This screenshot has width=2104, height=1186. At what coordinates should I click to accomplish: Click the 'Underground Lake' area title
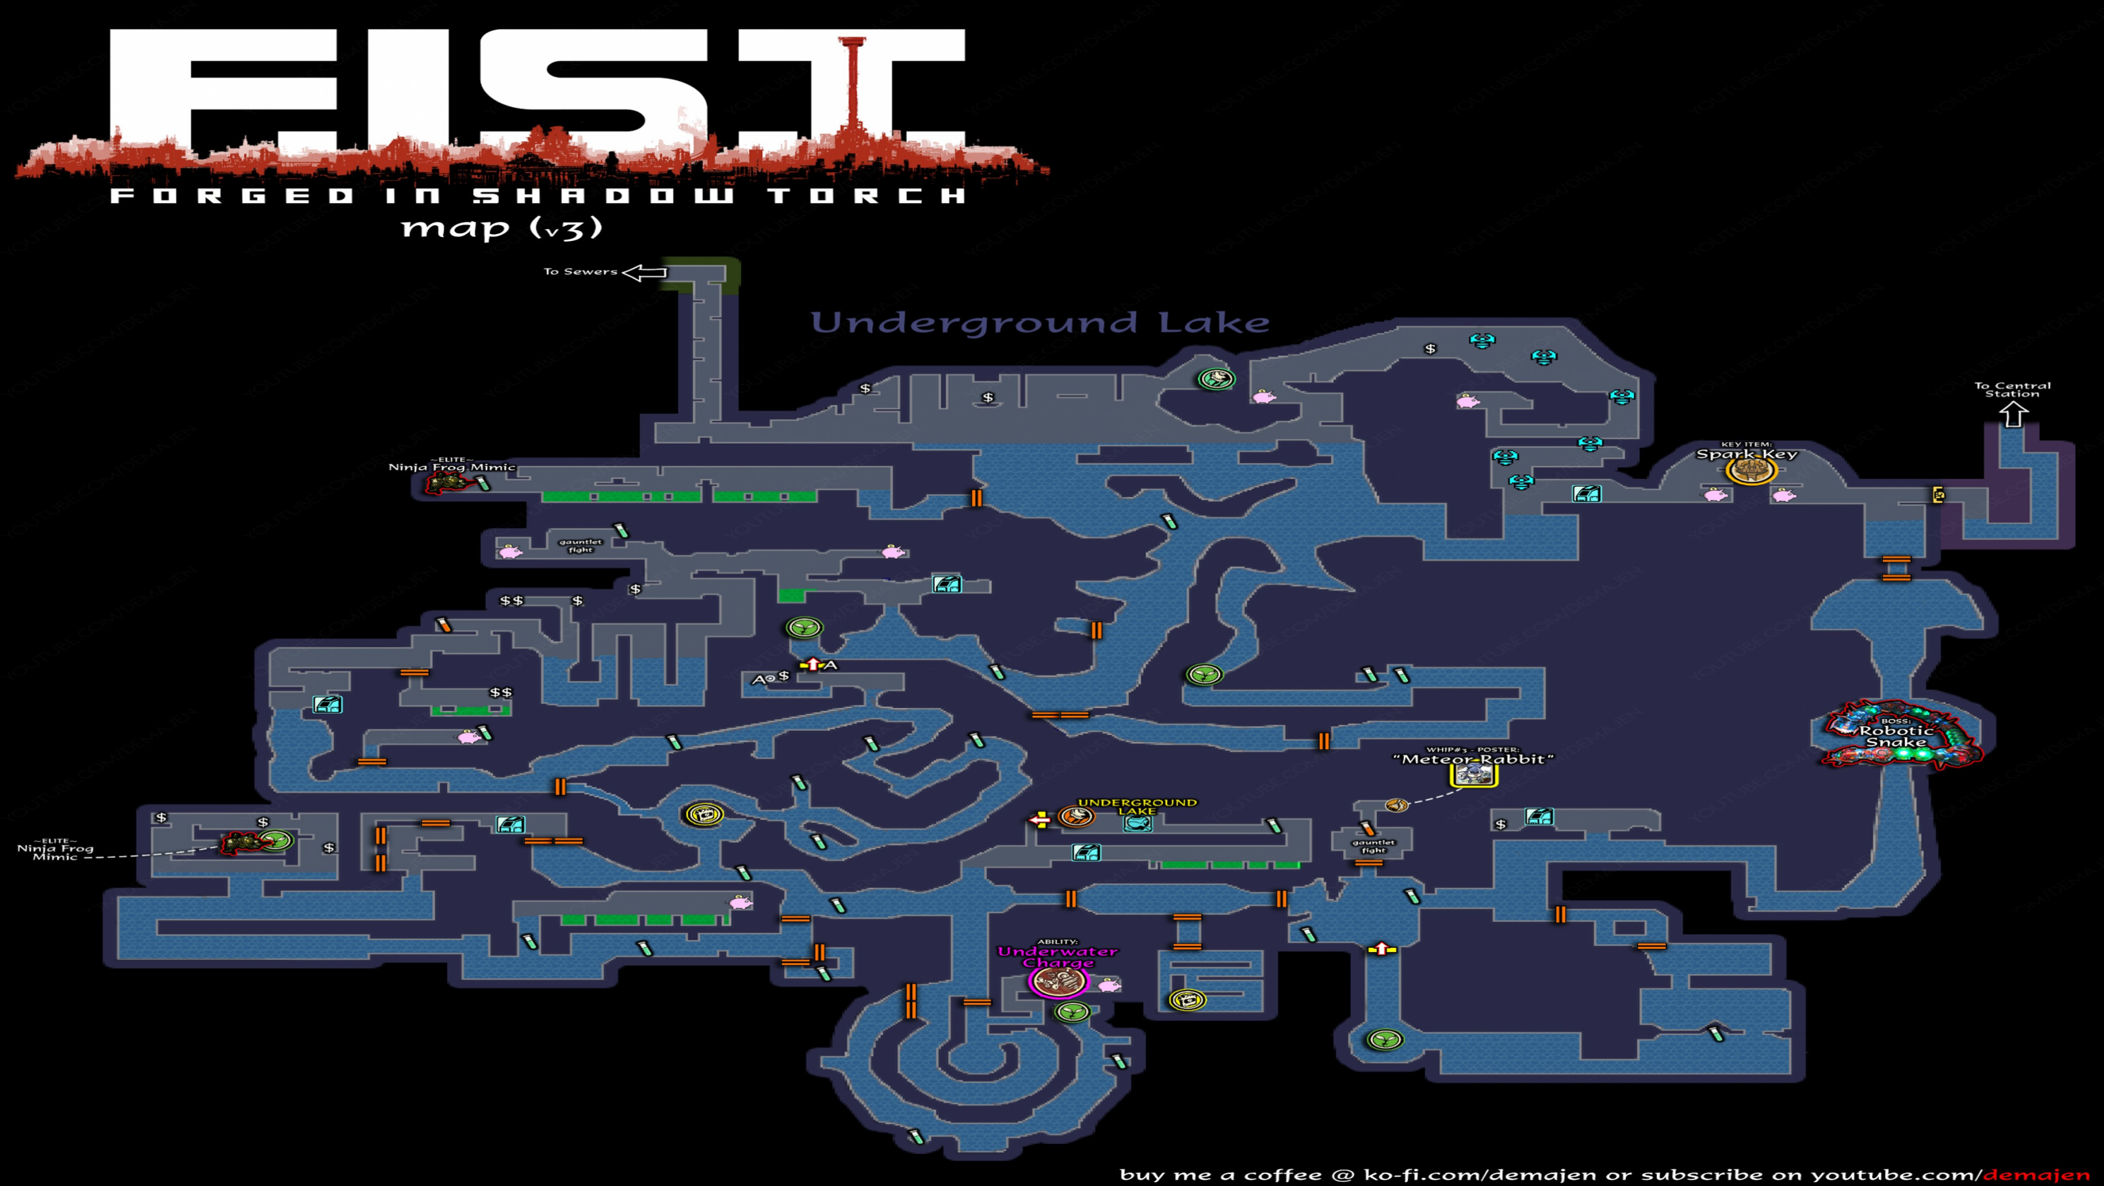coord(1039,323)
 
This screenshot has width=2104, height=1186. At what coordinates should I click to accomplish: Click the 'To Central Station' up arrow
coord(2012,416)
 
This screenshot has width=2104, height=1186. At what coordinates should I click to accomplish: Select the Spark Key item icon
coord(1750,469)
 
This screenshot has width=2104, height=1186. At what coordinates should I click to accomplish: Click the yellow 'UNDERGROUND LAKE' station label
coord(1137,806)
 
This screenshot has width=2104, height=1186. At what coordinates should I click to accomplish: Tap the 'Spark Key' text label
coord(1746,454)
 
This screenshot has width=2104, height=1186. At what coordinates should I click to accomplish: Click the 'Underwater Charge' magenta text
coord(1058,956)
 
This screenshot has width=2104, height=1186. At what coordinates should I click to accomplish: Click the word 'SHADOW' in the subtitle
coord(604,196)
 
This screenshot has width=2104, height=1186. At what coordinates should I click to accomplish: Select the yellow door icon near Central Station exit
coord(1938,494)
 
